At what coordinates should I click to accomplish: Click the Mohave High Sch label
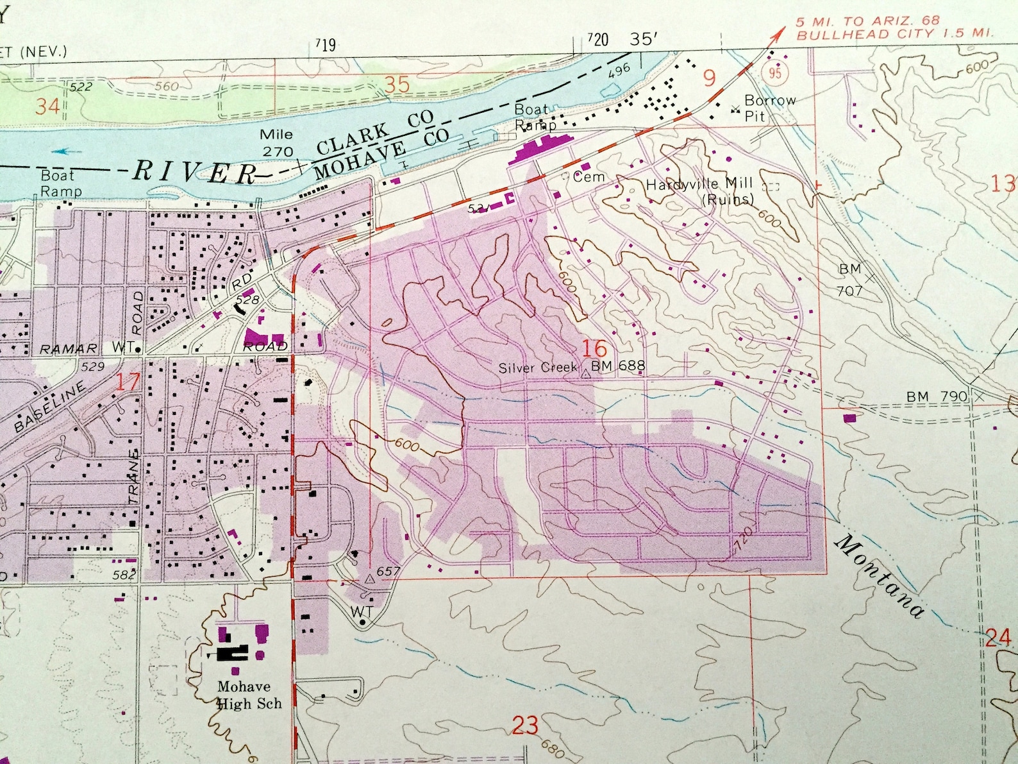249,695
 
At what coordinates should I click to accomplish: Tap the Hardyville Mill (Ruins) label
699,191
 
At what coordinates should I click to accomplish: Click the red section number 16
594,348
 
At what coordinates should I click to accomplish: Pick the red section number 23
525,726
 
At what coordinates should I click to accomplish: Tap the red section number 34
47,106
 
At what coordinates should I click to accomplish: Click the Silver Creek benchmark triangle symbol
585,373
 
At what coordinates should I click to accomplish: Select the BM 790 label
937,396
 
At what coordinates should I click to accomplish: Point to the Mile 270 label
277,142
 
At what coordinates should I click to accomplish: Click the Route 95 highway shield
776,72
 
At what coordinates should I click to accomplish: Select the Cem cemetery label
588,176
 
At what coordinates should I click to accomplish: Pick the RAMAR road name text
69,349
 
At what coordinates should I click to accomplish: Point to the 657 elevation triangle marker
369,579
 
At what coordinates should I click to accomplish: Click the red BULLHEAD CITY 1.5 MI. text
894,33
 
